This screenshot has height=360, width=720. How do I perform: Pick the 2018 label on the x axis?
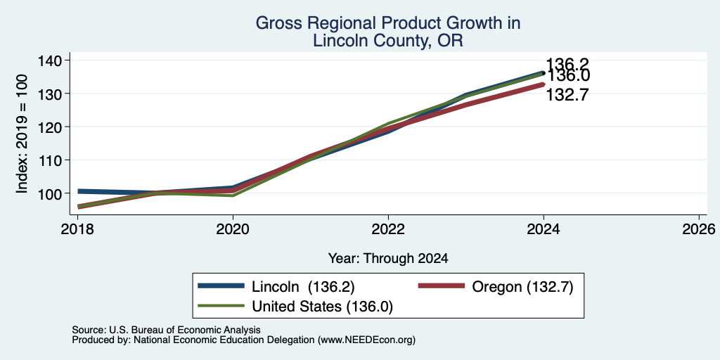[77, 229]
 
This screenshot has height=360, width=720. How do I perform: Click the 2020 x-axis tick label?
[233, 229]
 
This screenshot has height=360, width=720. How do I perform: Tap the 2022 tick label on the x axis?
[388, 229]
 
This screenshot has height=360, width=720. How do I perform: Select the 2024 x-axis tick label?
[544, 229]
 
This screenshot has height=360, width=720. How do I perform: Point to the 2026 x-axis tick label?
[699, 229]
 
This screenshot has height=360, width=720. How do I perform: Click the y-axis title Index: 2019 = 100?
[22, 134]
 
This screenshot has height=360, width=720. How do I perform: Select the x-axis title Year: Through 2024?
[388, 259]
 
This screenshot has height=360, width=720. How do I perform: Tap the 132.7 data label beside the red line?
[567, 95]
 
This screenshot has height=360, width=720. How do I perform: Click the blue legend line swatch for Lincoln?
[221, 286]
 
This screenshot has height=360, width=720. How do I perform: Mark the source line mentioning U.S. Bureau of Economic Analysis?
[166, 330]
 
